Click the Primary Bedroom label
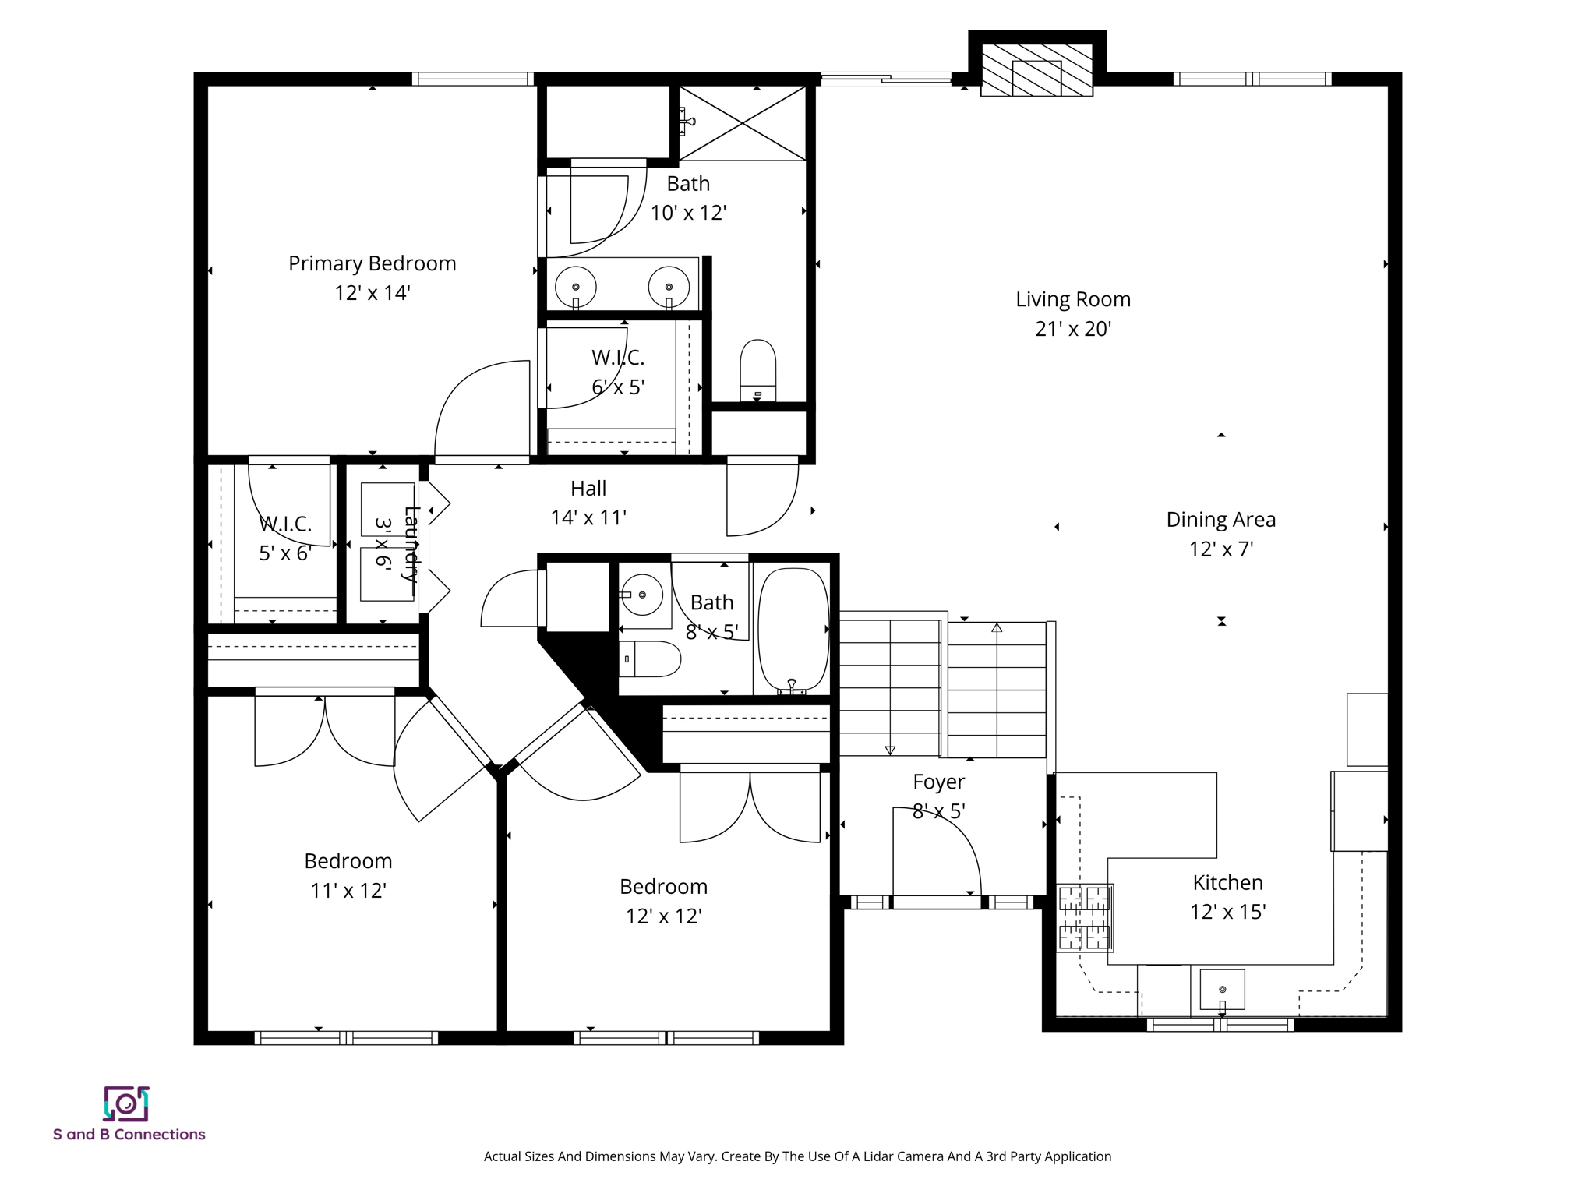pyautogui.click(x=372, y=263)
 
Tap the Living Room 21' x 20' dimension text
pyautogui.click(x=1072, y=329)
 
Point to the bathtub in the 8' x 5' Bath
pyautogui.click(x=793, y=630)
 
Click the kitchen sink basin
pyautogui.click(x=1221, y=989)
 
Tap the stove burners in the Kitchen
pyautogui.click(x=1085, y=918)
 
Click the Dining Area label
pyautogui.click(x=1220, y=520)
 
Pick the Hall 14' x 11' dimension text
pyautogui.click(x=588, y=517)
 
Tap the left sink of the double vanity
pyautogui.click(x=576, y=287)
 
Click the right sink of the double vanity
pyautogui.click(x=669, y=287)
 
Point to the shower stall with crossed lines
pyautogui.click(x=743, y=123)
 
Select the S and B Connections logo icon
pyautogui.click(x=126, y=1103)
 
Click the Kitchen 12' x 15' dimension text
pyautogui.click(x=1227, y=912)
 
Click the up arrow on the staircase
pyautogui.click(x=996, y=628)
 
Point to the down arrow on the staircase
pyautogui.click(x=890, y=749)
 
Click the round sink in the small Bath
pyautogui.click(x=642, y=595)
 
